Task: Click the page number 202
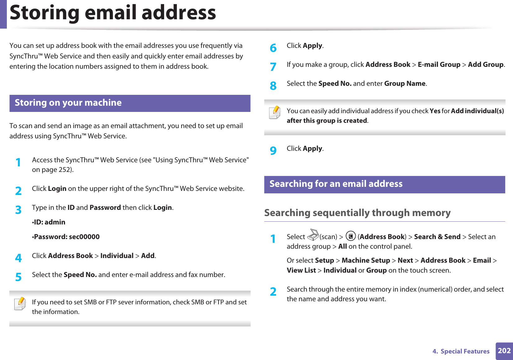504,351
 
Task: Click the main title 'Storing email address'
113,13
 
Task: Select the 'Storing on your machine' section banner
130,103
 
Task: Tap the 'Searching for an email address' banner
384,184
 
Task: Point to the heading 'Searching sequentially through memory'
357,213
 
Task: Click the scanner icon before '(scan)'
313,235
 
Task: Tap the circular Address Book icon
351,236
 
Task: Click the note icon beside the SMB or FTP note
20,304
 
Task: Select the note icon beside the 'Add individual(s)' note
275,113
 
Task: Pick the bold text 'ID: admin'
49,222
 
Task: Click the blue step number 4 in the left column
19,258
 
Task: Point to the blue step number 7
273,67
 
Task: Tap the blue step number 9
273,150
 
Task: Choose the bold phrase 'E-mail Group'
439,65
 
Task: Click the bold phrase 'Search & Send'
437,237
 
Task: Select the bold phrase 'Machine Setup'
366,261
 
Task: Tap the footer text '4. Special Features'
461,351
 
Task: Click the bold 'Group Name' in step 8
405,84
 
